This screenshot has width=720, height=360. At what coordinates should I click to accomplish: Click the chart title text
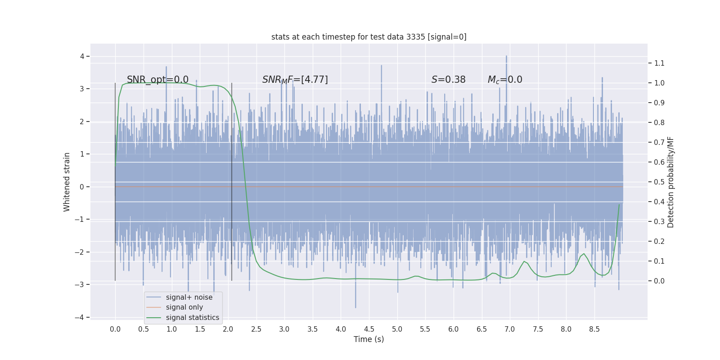pos(369,37)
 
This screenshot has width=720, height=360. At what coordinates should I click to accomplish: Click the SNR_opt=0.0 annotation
pos(157,80)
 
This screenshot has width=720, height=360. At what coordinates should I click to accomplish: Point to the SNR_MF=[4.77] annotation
pos(295,80)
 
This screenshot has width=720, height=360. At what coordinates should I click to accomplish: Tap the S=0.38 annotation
pos(448,80)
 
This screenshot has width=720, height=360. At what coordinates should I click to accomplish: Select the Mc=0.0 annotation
pos(505,80)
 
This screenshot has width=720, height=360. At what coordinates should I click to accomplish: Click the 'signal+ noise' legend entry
pos(189,297)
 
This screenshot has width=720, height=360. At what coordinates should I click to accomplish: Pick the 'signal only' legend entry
pos(184,307)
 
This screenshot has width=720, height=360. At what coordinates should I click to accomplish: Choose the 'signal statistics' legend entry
pos(192,318)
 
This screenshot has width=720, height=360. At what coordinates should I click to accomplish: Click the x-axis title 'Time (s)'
pos(369,339)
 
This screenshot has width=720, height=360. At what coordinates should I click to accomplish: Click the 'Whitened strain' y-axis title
pos(67,182)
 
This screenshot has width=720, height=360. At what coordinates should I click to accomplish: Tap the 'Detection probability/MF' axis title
pos(670,182)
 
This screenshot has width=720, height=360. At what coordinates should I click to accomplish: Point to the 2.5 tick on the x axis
pos(256,329)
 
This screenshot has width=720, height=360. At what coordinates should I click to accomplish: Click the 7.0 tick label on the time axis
pos(509,329)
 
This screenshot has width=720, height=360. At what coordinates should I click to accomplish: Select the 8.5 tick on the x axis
pos(594,329)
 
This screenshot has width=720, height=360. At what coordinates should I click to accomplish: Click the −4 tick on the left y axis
pos(79,317)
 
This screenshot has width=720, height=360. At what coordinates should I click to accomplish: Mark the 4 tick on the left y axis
pos(82,56)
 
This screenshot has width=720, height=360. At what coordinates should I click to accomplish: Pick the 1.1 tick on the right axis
pos(659,63)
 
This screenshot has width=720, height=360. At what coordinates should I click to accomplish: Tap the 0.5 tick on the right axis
pos(659,182)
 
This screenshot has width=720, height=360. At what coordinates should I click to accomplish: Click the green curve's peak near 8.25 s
pos(584,254)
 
